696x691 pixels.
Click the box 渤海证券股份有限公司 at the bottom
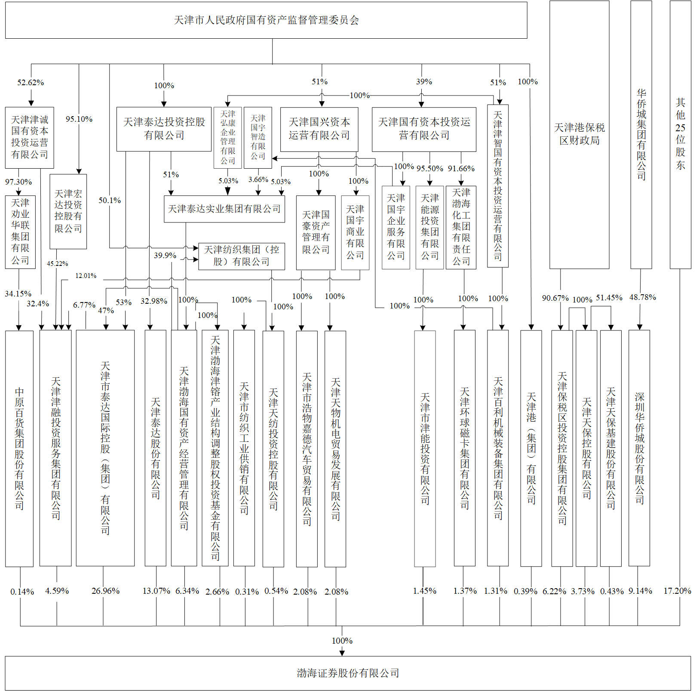(348, 673)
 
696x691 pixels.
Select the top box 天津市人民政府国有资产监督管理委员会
(266, 20)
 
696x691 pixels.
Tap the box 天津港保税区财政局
(579, 135)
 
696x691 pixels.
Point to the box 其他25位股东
(680, 135)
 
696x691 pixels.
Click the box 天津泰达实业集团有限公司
(224, 209)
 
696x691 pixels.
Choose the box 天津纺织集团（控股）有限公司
(241, 256)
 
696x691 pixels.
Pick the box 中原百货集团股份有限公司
(19, 448)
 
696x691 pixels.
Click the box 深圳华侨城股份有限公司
(639, 448)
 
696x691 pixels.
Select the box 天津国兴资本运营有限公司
(319, 129)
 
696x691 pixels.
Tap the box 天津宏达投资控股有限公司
(68, 211)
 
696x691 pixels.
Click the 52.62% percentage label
(31, 83)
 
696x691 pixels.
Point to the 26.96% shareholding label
(105, 591)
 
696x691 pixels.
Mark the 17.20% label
(677, 591)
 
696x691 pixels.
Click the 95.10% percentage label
(79, 119)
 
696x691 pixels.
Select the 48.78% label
(643, 297)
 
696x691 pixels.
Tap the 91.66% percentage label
(461, 169)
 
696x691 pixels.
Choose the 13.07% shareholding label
(156, 591)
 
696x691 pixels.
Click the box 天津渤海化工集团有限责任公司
(461, 227)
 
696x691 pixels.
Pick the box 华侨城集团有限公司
(641, 135)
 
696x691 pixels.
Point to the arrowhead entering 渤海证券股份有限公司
(342, 653)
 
